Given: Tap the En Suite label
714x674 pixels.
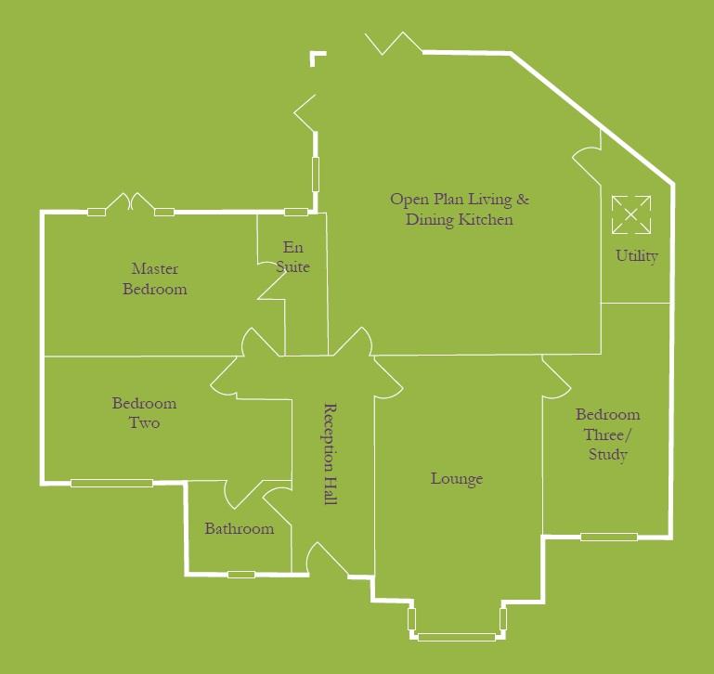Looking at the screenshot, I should [292, 257].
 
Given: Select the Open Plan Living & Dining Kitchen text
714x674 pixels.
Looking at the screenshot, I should [460, 209].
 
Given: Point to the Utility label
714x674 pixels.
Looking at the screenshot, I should [637, 256].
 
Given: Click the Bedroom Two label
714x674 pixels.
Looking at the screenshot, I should [144, 413].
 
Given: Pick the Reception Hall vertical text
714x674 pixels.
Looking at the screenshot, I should [329, 454].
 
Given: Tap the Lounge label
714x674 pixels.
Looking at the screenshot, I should [457, 479].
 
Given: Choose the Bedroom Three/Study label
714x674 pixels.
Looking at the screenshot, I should [607, 434].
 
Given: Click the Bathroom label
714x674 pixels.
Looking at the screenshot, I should [240, 529].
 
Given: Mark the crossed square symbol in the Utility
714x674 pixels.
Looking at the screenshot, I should [630, 214].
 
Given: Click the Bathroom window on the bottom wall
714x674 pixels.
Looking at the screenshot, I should [240, 575].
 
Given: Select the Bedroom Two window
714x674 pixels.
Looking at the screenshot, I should [111, 483].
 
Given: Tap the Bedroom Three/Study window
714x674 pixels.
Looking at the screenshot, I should [609, 537].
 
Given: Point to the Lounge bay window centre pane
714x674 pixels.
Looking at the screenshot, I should [456, 637].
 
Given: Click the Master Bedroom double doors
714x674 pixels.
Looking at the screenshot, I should [131, 202].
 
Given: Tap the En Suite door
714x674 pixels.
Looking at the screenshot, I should [270, 287].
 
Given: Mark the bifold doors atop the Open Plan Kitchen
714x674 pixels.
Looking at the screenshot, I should [394, 44].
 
